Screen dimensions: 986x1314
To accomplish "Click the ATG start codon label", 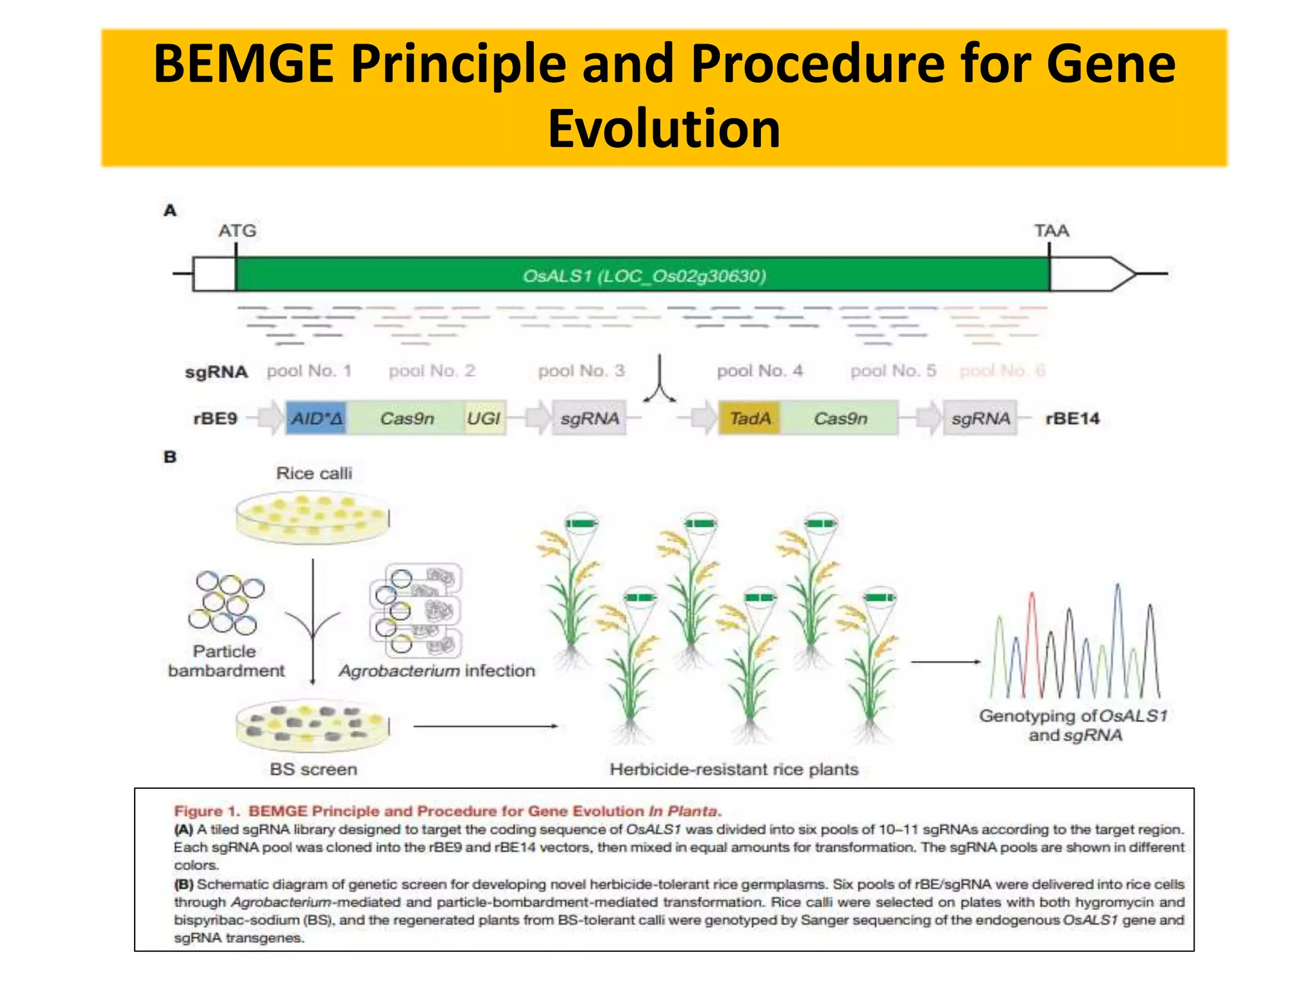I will click(237, 230).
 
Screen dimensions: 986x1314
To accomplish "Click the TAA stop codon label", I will click(1051, 230).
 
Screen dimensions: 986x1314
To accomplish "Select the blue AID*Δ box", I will click(317, 419).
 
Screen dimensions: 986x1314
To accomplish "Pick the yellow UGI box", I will click(484, 419).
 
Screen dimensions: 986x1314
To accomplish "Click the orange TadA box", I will click(749, 419).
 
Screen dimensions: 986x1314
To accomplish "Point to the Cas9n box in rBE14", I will click(840, 419).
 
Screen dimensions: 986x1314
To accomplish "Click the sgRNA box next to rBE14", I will click(980, 419).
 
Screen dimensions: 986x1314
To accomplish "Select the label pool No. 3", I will click(581, 371).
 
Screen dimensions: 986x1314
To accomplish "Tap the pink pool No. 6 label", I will click(1002, 371).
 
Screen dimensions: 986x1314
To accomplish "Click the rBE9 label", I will click(215, 419).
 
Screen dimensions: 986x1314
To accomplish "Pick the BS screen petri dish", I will click(312, 725).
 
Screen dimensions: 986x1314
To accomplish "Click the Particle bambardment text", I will click(225, 661).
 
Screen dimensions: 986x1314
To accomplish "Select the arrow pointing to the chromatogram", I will click(944, 662).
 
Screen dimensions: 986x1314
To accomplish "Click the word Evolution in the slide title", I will click(664, 128).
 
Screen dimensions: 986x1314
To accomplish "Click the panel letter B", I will click(170, 457).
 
